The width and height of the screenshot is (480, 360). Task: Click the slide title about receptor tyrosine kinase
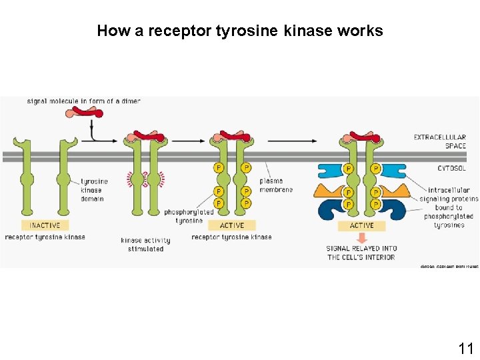[240, 31]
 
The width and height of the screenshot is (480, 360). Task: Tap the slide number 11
[465, 348]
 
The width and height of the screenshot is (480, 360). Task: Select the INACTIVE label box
[45, 225]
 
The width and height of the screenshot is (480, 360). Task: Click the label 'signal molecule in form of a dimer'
[83, 101]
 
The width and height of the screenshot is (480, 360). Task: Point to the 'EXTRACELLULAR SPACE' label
[439, 141]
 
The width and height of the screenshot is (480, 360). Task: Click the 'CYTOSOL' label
[451, 169]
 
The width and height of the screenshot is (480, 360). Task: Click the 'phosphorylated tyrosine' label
[189, 216]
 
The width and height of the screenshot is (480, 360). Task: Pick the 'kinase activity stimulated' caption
[145, 245]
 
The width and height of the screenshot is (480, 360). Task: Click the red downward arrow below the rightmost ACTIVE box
[362, 238]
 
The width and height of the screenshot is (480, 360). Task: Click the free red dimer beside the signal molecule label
[84, 113]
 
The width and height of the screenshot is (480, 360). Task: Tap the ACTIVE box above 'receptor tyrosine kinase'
[231, 225]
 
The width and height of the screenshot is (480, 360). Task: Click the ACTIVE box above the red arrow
[362, 225]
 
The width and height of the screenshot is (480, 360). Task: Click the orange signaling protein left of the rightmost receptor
[329, 191]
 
